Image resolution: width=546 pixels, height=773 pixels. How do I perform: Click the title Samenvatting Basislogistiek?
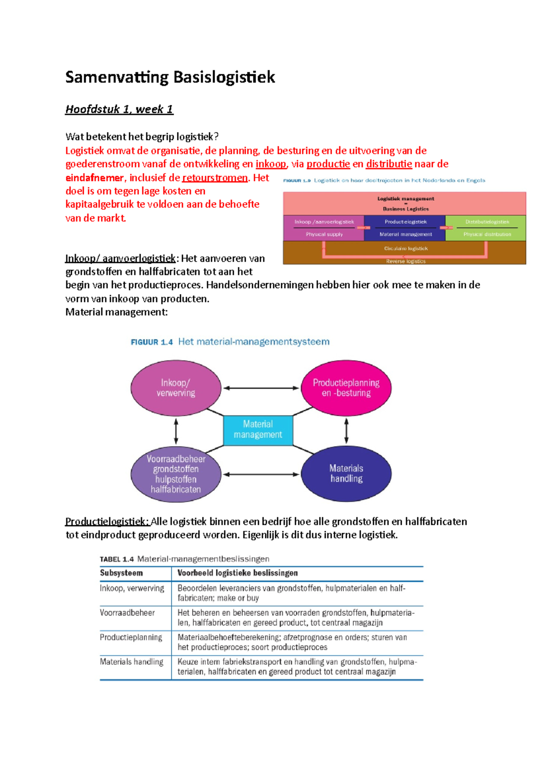click(x=170, y=77)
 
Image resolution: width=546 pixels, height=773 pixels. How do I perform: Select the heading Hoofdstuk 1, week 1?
click(x=119, y=109)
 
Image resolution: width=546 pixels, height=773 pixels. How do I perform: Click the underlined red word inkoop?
click(x=271, y=164)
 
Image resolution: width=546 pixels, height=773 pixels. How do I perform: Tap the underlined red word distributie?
click(x=389, y=164)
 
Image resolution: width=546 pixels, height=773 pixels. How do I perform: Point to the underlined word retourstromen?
click(x=215, y=178)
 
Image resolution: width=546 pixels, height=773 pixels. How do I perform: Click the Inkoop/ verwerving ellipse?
click(x=176, y=388)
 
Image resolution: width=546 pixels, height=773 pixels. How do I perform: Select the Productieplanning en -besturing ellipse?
click(x=346, y=388)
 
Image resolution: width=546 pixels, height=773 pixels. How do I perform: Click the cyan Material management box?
click(x=258, y=429)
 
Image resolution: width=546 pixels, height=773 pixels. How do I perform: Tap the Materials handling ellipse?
click(x=346, y=473)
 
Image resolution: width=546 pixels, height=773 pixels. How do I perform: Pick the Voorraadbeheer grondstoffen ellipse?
click(x=176, y=474)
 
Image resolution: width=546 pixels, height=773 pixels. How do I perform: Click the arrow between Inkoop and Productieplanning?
click(x=261, y=388)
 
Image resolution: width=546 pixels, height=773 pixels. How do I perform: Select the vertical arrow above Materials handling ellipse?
click(x=346, y=431)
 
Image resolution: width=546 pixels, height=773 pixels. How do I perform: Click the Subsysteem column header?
click(x=121, y=573)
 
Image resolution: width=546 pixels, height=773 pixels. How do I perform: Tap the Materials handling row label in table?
click(x=131, y=662)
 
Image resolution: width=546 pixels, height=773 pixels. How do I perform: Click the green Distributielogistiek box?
click(x=486, y=228)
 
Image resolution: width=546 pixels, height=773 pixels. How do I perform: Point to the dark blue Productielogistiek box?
click(x=405, y=228)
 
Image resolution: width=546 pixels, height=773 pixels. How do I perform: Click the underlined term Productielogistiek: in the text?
click(x=107, y=521)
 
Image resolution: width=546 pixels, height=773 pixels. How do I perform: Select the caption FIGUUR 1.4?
click(x=152, y=342)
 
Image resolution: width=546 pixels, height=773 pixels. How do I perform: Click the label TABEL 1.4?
click(x=116, y=559)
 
